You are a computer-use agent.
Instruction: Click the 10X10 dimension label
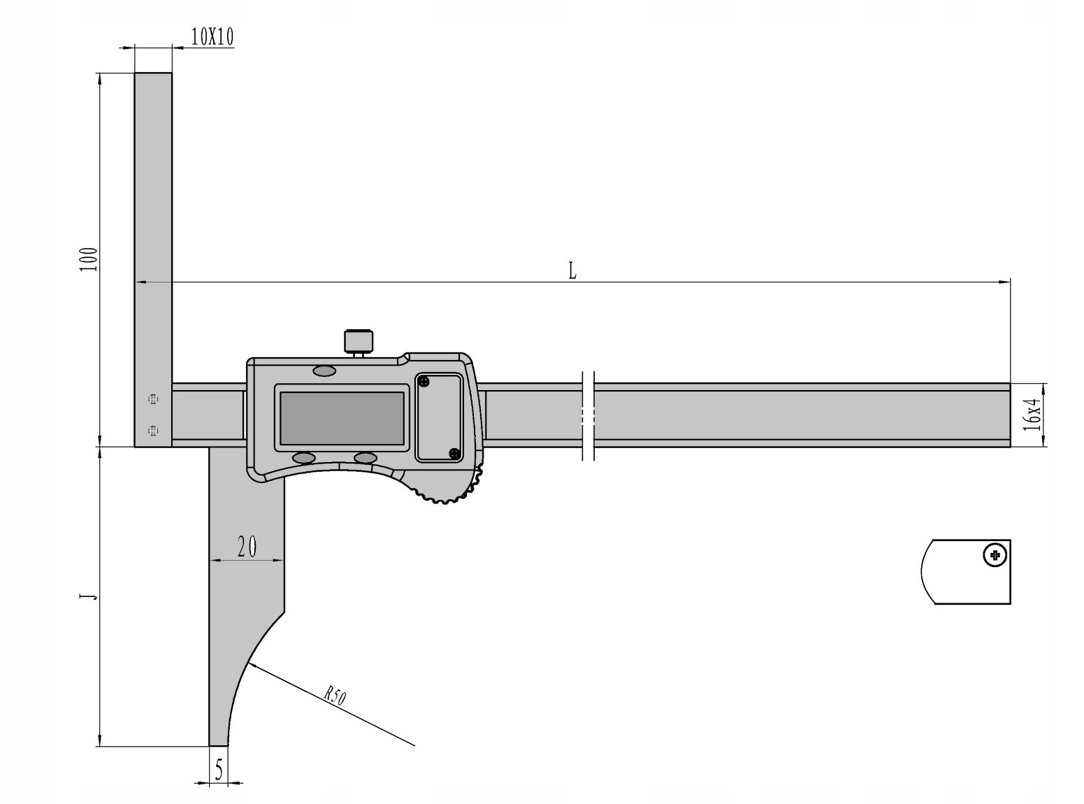212,37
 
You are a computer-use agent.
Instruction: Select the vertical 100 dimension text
88,259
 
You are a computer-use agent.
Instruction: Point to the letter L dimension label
572,271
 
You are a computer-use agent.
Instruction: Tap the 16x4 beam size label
1032,414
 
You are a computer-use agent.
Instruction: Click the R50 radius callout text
335,696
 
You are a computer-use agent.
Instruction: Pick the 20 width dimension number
247,546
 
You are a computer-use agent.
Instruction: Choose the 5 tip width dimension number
219,770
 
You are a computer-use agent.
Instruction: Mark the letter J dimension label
88,596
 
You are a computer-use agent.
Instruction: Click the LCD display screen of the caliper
342,417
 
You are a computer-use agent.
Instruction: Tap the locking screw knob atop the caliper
358,340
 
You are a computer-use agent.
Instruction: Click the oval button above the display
324,371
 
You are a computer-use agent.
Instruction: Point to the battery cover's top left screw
424,382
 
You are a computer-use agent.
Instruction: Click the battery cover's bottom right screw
454,454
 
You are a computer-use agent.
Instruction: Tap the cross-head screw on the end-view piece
994,557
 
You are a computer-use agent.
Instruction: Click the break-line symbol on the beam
588,415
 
